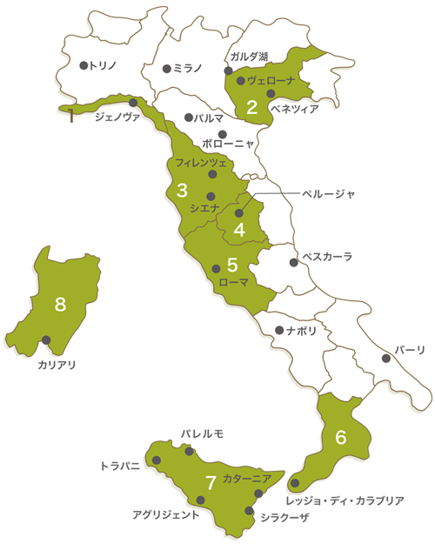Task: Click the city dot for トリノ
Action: (84, 65)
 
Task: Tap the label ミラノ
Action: (187, 67)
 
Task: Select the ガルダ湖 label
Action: (250, 56)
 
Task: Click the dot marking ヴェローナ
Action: (241, 80)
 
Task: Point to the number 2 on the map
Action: (251, 107)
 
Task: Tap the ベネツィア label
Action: (295, 109)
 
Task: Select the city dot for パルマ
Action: (189, 118)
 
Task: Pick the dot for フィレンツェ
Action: (211, 174)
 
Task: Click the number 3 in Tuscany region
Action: (182, 189)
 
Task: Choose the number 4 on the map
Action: (238, 230)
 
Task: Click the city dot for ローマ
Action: (217, 268)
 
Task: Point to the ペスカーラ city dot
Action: (294, 263)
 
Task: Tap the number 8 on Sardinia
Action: (60, 304)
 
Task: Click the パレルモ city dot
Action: (189, 450)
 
